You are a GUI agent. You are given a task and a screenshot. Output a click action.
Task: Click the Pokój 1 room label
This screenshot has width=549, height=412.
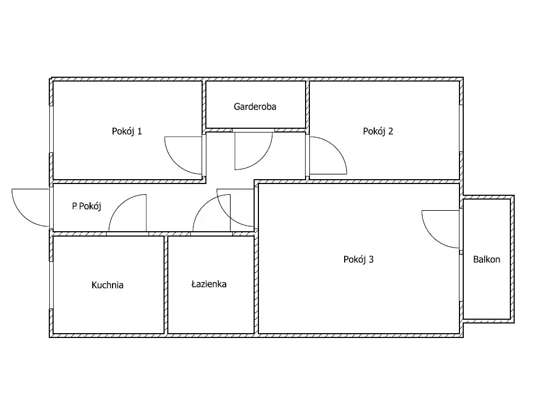click(x=127, y=131)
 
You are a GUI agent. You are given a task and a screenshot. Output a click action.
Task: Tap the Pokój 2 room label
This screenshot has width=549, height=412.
click(x=378, y=131)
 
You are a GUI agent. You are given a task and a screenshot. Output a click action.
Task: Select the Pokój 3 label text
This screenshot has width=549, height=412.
click(x=359, y=260)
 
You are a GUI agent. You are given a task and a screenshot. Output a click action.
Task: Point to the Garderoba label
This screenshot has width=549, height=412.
click(x=255, y=107)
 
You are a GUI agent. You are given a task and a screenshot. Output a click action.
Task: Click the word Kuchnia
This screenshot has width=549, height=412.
click(x=107, y=285)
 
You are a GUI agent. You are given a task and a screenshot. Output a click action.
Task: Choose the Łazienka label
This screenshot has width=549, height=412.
click(x=209, y=284)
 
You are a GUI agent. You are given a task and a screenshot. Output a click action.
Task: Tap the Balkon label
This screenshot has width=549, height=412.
click(x=487, y=260)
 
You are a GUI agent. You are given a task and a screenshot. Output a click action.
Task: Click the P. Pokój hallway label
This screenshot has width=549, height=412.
click(x=86, y=206)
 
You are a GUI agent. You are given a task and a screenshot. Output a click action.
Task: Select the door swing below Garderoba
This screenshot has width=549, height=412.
click(x=261, y=159)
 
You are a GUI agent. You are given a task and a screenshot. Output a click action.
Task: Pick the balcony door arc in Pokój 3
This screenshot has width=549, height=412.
click(x=433, y=237)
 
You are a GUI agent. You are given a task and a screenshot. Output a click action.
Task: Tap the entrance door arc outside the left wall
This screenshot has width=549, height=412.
click(x=23, y=216)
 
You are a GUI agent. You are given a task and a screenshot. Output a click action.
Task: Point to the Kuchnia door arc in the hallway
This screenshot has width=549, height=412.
click(x=120, y=205)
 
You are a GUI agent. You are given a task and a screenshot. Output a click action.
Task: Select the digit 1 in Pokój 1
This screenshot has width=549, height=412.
click(x=140, y=131)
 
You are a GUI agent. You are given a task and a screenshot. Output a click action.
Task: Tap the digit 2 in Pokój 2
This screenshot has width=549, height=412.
click(x=390, y=131)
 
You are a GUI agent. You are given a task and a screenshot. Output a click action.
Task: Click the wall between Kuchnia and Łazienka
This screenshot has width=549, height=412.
click(x=166, y=285)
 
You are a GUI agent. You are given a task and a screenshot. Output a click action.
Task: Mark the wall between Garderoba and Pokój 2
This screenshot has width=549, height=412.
click(x=307, y=106)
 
